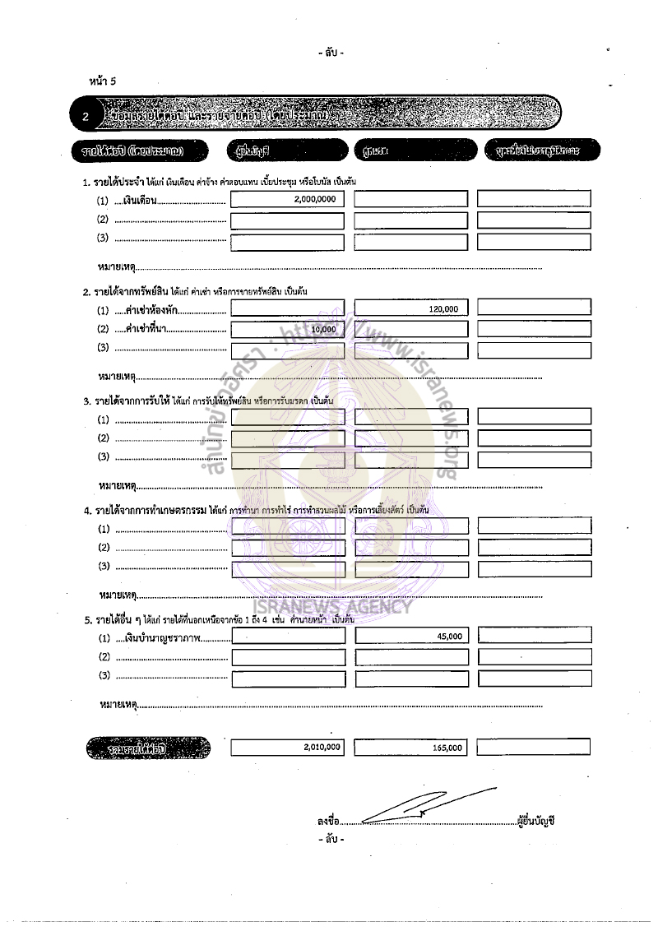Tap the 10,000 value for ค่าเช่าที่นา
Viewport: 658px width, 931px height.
pyautogui.click(x=324, y=329)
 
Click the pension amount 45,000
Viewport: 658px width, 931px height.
pyautogui.click(x=449, y=637)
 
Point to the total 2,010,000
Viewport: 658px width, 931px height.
pyautogui.click(x=322, y=748)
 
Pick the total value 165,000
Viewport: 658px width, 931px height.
pyautogui.click(x=447, y=748)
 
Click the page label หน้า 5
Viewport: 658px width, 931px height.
pyautogui.click(x=103, y=81)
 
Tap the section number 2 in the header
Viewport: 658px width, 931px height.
pyautogui.click(x=86, y=117)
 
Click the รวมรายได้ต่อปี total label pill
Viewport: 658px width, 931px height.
pyautogui.click(x=148, y=748)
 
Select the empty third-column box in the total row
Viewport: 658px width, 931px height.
pyautogui.click(x=534, y=747)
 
